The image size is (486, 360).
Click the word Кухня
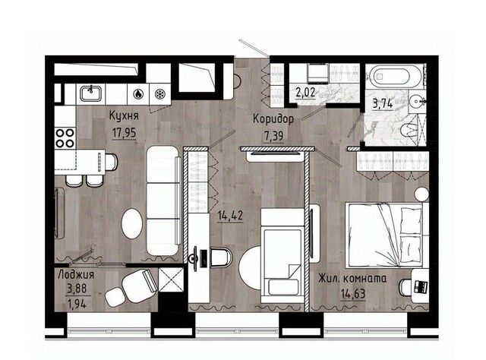124,115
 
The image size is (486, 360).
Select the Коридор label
273,118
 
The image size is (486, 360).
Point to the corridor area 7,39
273,135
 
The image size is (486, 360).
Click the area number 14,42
230,215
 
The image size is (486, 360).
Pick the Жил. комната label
352,278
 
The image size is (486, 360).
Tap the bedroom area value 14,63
353,293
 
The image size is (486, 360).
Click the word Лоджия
76,274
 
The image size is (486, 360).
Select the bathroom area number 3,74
383,104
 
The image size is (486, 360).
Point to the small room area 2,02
306,92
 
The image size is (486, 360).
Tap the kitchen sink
90,93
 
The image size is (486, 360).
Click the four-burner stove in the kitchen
65,138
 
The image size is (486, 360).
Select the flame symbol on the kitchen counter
138,93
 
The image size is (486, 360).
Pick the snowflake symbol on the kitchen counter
160,93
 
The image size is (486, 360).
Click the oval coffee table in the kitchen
132,223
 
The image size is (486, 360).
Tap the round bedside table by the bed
421,195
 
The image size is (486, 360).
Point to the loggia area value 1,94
76,305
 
